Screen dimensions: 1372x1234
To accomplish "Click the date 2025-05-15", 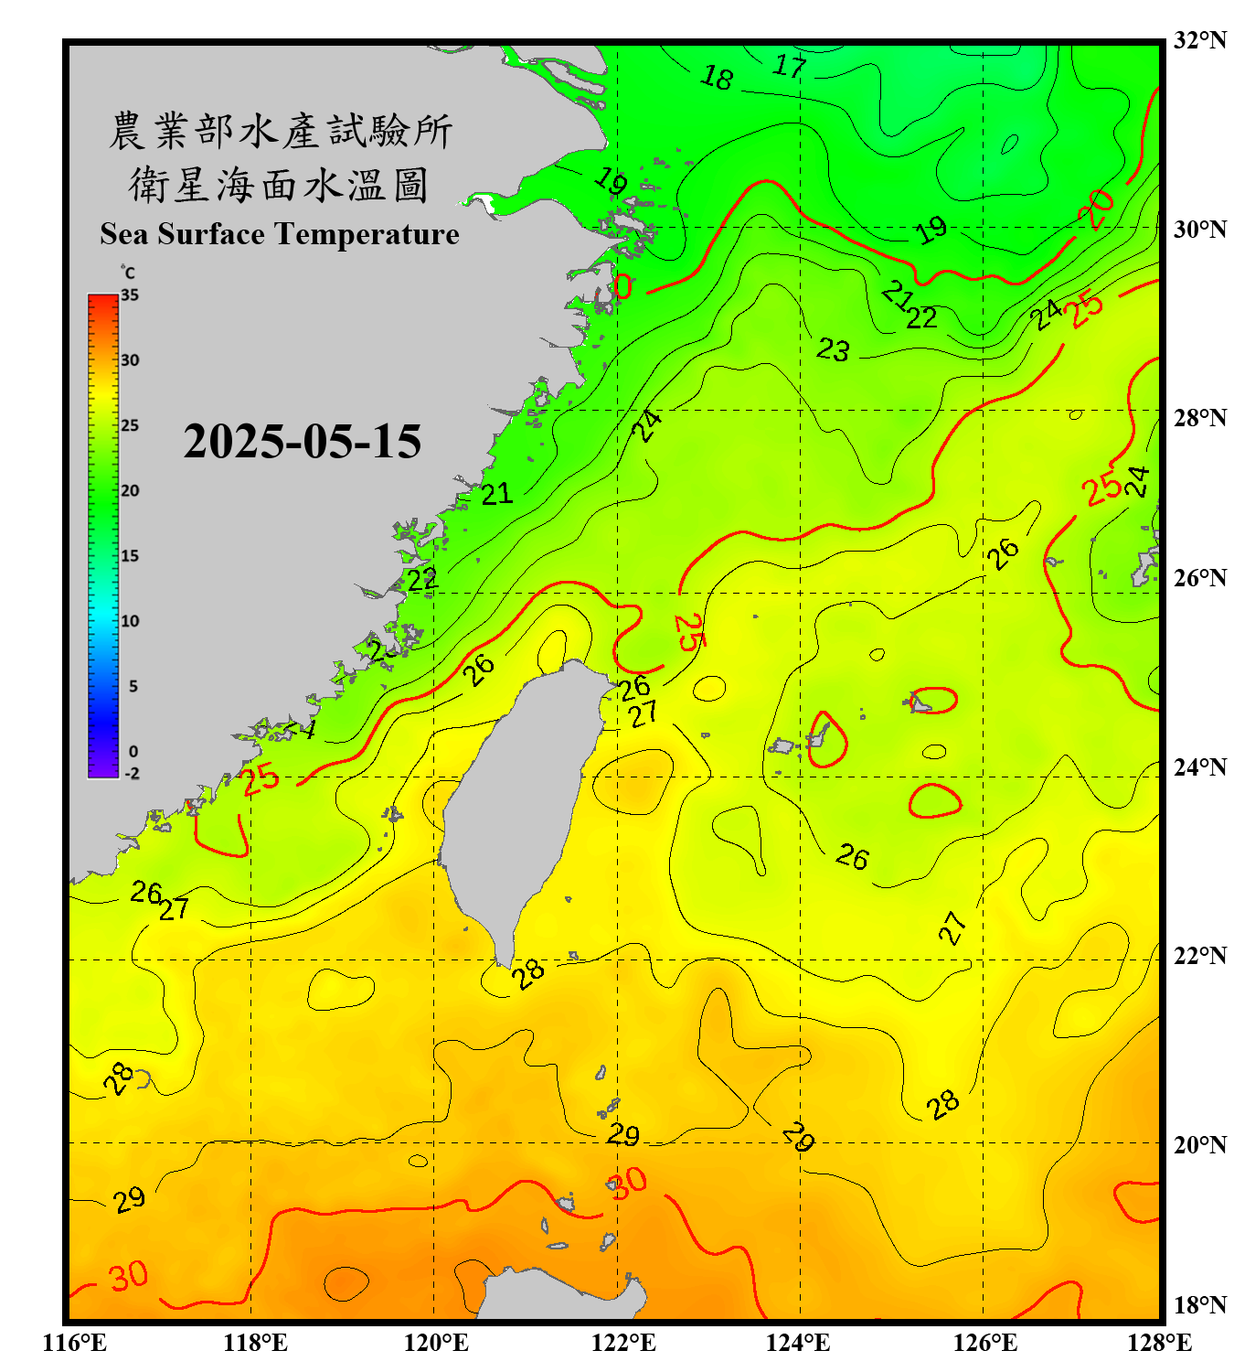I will tap(302, 442).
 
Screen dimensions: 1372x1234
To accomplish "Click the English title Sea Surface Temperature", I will tap(280, 234).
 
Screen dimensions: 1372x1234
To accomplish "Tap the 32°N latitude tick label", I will tap(1199, 40).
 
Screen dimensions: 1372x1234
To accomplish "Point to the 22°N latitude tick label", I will tap(1199, 956).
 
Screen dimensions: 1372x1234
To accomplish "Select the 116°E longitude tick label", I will tap(75, 1343).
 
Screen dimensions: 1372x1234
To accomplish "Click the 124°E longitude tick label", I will tap(798, 1343).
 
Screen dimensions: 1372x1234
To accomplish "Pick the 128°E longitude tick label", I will tap(1159, 1343).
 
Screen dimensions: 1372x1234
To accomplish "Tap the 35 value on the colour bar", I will tap(130, 295).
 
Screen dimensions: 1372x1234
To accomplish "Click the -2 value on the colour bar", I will tap(132, 774).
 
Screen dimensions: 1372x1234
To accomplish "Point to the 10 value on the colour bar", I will tap(130, 621).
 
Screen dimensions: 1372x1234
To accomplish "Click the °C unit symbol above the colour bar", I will tap(128, 273).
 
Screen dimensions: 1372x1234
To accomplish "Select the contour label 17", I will tap(790, 66).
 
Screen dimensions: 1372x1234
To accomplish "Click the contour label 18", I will tap(717, 78).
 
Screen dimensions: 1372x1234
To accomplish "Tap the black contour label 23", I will tap(833, 349).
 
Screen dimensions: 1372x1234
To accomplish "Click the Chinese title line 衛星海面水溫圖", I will tap(280, 185).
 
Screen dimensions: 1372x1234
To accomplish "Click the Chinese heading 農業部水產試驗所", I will tap(280, 131).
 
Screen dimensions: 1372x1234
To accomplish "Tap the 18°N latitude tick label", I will tap(1199, 1305).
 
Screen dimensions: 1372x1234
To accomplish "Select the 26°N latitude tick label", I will tap(1199, 578).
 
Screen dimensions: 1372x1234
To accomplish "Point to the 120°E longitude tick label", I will tap(436, 1343).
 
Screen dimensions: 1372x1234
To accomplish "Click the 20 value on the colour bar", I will tap(130, 491).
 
